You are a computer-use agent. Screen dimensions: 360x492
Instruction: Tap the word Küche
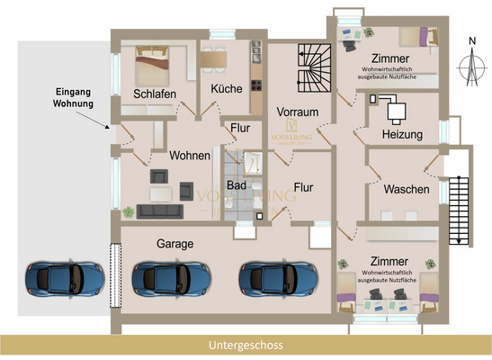pos(227,89)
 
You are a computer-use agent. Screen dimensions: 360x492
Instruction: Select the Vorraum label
pos(298,111)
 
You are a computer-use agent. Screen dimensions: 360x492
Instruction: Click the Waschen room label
pos(406,190)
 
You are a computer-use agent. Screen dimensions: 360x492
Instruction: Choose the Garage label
pos(174,244)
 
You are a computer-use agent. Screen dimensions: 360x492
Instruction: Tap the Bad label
pos(237,185)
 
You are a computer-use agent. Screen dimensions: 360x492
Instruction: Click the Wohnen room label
pos(189,156)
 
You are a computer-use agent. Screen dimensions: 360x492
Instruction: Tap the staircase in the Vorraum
pos(315,68)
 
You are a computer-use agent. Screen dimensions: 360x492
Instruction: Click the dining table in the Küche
pos(213,60)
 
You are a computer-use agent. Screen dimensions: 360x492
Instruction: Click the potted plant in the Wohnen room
pos(130,211)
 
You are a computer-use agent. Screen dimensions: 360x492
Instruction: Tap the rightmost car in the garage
pos(273,279)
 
